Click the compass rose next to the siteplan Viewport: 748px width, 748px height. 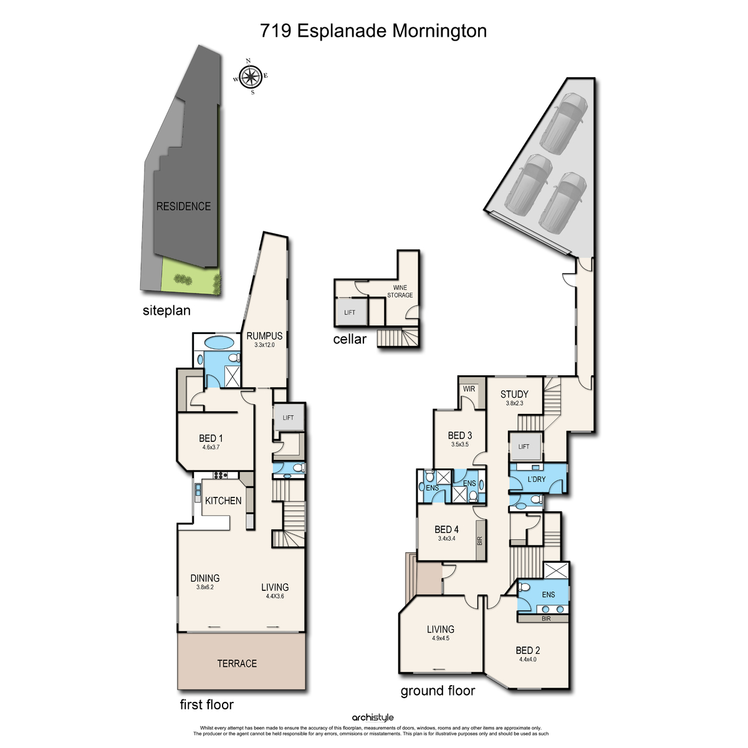(x=251, y=77)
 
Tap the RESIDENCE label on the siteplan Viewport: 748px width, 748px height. (x=183, y=206)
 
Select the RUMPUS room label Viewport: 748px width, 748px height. (x=264, y=336)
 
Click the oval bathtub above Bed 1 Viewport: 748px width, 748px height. (x=219, y=343)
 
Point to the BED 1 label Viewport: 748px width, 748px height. (x=211, y=438)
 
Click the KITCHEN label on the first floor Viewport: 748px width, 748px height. (x=223, y=501)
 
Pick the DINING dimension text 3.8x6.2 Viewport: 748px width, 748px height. (x=205, y=587)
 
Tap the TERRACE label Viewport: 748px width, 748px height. (x=237, y=663)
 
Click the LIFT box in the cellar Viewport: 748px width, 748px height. (x=350, y=312)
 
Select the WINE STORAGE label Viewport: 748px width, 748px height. (x=400, y=291)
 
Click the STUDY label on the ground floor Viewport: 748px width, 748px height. (x=514, y=395)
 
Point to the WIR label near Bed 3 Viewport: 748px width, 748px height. (x=469, y=388)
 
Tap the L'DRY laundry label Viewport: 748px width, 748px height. (x=537, y=479)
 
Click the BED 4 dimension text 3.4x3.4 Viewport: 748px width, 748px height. (x=446, y=539)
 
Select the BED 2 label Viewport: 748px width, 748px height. (x=528, y=650)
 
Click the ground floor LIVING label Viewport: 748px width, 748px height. (x=441, y=629)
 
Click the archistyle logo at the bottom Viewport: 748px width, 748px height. (x=373, y=717)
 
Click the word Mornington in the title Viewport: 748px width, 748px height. (x=439, y=31)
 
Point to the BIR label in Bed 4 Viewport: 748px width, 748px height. (x=479, y=540)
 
